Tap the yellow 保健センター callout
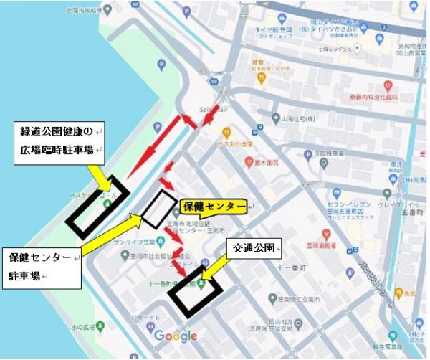[x=213, y=207]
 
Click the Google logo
[x=175, y=336]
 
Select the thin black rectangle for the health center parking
[x=158, y=209]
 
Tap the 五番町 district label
[x=414, y=212]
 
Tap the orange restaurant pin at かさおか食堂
[x=226, y=133]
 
